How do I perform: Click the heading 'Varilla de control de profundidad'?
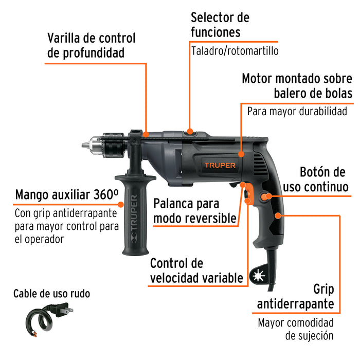pos(91,45)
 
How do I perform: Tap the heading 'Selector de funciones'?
pos(220,25)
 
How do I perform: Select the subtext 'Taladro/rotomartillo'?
pos(235,51)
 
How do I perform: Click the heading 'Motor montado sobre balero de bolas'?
pos(297,86)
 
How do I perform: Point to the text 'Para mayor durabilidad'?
pos(297,111)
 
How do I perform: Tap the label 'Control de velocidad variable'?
pos(196,271)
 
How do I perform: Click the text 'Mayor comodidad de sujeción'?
pos(296,329)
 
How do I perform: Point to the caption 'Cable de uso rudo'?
pos(51,294)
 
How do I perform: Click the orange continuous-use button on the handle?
pos(267,196)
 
